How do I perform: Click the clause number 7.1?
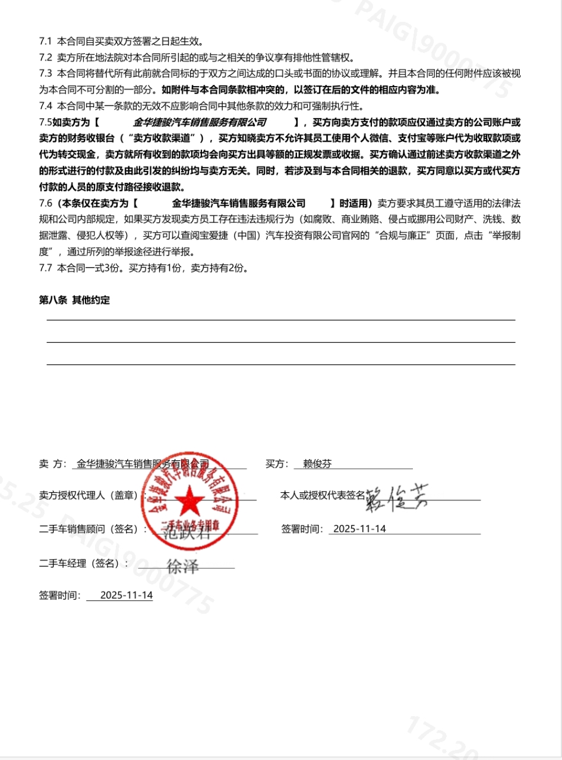(45, 42)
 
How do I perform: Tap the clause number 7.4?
(45, 106)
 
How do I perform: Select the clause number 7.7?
(45, 268)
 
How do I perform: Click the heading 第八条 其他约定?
(74, 300)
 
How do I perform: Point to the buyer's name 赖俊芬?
(317, 464)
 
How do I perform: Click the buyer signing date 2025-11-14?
(360, 528)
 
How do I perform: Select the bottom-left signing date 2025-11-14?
(127, 595)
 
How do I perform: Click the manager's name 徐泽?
(182, 566)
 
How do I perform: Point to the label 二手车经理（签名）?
(83, 563)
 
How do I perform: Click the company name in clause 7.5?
(200, 122)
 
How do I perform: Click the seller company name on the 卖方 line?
(143, 464)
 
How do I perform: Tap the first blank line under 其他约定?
(280, 320)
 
